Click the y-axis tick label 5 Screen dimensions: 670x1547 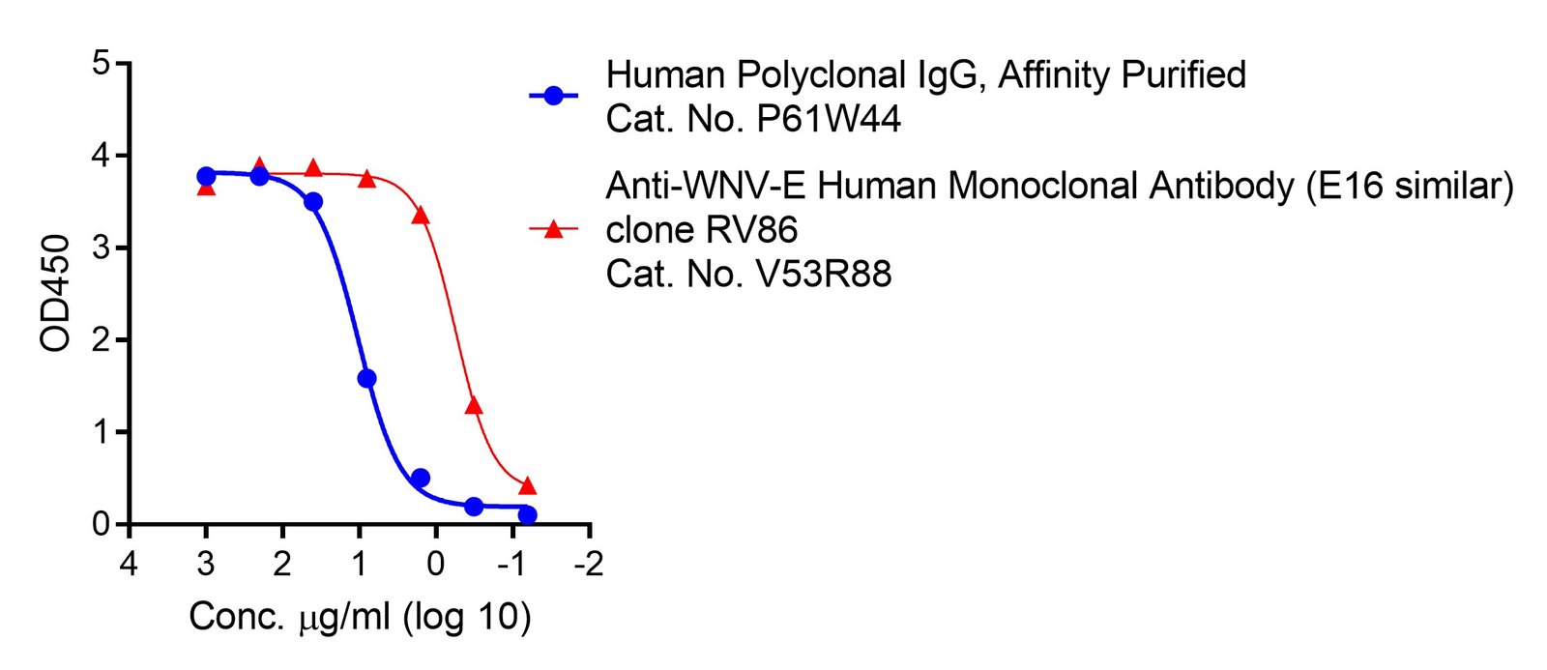point(101,64)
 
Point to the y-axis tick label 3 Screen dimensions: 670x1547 point(101,248)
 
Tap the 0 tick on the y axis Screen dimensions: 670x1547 point(101,524)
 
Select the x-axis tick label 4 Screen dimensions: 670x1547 point(129,563)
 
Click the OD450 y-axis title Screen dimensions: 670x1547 point(56,293)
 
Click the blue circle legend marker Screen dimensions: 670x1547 point(553,96)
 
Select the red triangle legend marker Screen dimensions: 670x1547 point(553,229)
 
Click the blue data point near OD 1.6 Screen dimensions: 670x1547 point(366,378)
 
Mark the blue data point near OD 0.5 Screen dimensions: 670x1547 point(420,478)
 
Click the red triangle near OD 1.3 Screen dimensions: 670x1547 point(474,405)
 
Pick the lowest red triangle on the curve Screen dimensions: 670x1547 point(527,485)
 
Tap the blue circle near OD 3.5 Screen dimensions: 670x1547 point(313,201)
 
